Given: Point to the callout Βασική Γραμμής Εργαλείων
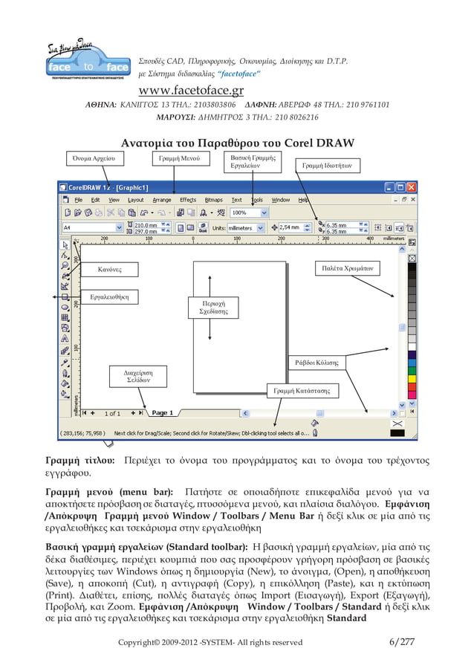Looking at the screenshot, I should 253,162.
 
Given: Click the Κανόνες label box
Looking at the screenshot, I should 110,268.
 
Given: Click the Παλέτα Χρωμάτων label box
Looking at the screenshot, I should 348,267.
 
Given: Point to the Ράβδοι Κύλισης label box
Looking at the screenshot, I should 316,363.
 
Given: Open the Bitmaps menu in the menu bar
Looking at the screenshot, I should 213,200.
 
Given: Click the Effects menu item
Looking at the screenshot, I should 188,200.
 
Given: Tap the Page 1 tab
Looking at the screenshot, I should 162,412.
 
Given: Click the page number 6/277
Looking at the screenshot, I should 402,642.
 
